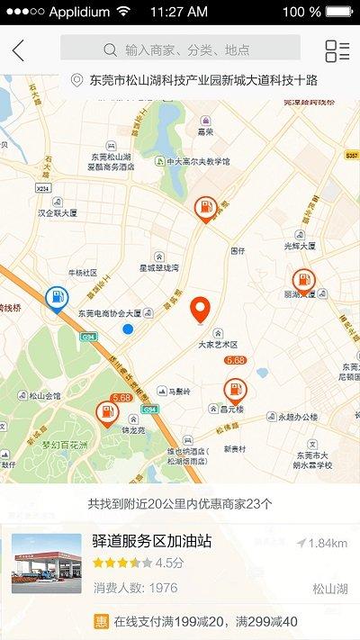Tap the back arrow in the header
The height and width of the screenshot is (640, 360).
click(x=18, y=50)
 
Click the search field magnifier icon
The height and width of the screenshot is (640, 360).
click(x=110, y=50)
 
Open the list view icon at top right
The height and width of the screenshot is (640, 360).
click(x=337, y=50)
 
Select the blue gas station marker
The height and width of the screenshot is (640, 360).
click(x=56, y=298)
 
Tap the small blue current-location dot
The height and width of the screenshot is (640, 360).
click(x=128, y=329)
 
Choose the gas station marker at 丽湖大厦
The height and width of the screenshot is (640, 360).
click(x=303, y=282)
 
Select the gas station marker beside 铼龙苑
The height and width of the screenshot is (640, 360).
click(x=106, y=414)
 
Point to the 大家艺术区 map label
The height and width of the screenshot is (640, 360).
click(x=218, y=344)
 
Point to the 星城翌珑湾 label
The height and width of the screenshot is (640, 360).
click(x=158, y=267)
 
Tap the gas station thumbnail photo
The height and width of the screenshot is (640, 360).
click(x=46, y=563)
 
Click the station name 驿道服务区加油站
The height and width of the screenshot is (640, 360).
click(x=151, y=541)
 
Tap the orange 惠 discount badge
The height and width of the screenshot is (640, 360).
click(x=102, y=621)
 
